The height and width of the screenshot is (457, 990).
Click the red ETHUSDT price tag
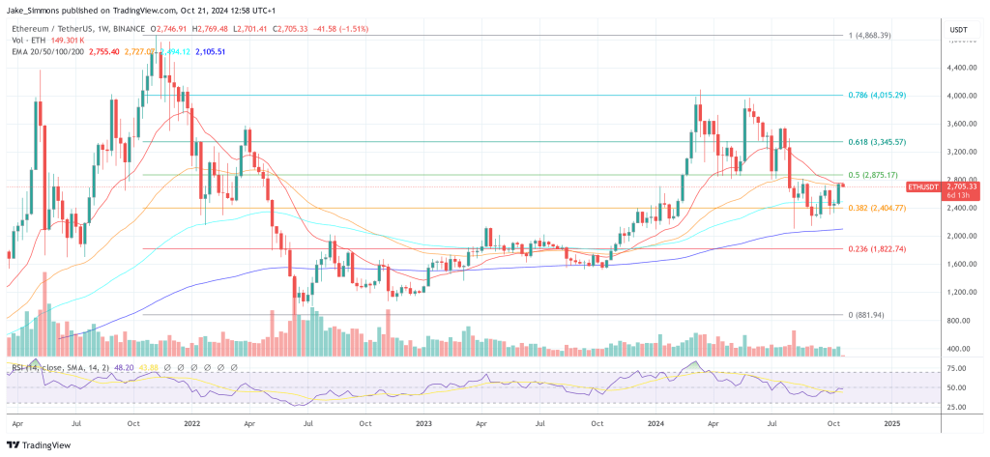click(923, 186)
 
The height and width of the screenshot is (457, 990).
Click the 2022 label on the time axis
click(190, 423)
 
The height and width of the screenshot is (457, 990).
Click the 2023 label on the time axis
click(424, 423)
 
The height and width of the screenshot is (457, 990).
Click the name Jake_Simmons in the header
click(35, 11)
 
